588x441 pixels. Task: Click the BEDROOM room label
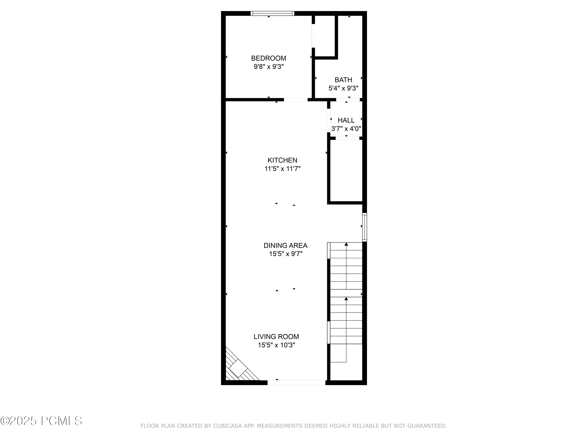tap(269, 58)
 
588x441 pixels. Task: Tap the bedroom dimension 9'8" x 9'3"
tap(269, 67)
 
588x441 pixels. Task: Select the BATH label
tap(343, 80)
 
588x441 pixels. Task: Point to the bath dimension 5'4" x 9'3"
tap(343, 88)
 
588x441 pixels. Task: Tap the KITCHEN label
tap(282, 160)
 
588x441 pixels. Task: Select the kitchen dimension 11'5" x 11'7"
tap(282, 169)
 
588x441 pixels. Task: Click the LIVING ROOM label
tap(276, 337)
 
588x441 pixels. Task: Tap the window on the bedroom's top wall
tap(272, 13)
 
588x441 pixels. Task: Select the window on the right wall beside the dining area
tap(364, 227)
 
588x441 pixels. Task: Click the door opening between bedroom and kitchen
tap(296, 100)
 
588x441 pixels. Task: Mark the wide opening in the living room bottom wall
tap(296, 383)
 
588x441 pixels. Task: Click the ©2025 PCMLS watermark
tap(41, 421)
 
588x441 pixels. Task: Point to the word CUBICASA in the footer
tap(227, 426)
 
